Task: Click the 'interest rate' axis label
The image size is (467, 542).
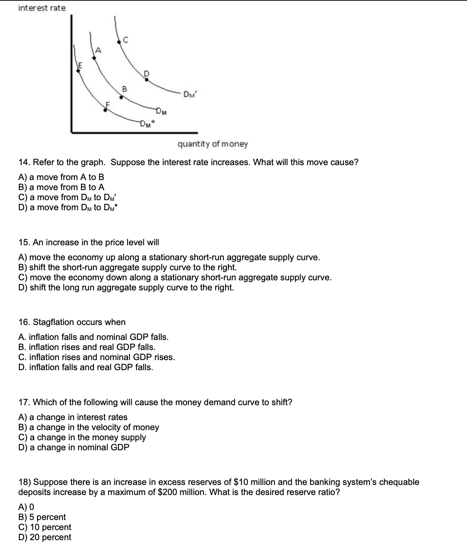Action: [x=42, y=8]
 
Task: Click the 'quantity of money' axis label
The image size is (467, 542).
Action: [x=212, y=144]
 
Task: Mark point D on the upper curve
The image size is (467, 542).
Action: [x=147, y=79]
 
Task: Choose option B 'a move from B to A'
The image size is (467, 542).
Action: [x=62, y=187]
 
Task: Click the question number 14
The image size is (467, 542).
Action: [x=24, y=163]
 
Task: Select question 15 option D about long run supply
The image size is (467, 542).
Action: [x=126, y=287]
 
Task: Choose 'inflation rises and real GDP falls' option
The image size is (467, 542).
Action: [x=87, y=347]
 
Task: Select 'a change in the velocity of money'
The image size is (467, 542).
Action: [x=89, y=427]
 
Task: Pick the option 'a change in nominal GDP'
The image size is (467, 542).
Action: [x=74, y=447]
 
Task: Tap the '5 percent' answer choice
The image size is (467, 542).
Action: [x=42, y=517]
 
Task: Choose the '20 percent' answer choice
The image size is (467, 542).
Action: [x=45, y=537]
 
